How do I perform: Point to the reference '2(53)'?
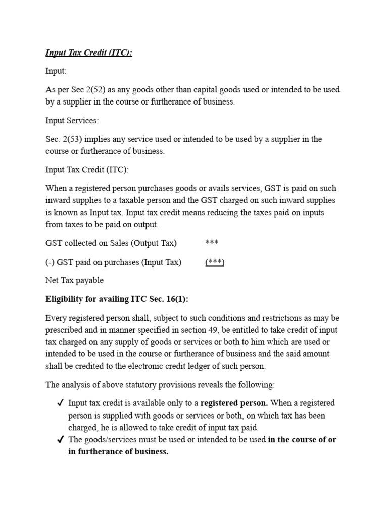pyautogui.click(x=72, y=139)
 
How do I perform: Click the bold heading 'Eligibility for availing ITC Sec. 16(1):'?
pyautogui.click(x=117, y=299)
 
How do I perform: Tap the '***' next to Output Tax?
pyautogui.click(x=212, y=243)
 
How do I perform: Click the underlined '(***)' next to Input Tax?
pyautogui.click(x=215, y=262)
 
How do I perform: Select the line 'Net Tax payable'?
pyautogui.click(x=74, y=280)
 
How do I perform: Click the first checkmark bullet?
pyautogui.click(x=60, y=403)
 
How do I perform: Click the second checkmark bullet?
pyautogui.click(x=60, y=440)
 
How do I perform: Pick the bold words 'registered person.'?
pyautogui.click(x=233, y=403)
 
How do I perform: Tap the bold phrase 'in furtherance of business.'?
pyautogui.click(x=118, y=452)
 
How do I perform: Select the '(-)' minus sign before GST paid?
pyautogui.click(x=50, y=262)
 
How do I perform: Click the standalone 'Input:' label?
pyautogui.click(x=56, y=71)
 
